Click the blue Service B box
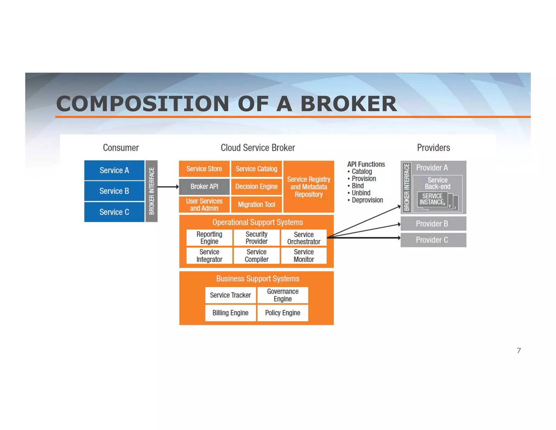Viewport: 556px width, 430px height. (114, 191)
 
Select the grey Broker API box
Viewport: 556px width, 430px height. (204, 186)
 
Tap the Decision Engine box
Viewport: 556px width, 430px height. (256, 186)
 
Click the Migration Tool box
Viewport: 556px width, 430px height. (256, 204)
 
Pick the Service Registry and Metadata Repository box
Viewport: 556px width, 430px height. (309, 187)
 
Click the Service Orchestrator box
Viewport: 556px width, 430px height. (304, 238)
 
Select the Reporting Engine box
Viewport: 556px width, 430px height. (209, 238)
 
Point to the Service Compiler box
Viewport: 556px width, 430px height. (256, 255)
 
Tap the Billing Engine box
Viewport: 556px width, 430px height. (230, 313)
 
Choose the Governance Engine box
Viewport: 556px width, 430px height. (283, 295)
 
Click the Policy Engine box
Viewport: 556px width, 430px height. (283, 313)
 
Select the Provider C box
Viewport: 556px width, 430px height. (433, 240)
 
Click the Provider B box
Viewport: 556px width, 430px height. (433, 224)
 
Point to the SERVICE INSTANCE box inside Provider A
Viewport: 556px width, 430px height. (432, 200)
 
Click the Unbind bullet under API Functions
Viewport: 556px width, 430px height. (361, 193)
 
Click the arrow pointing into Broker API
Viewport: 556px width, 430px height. (168, 187)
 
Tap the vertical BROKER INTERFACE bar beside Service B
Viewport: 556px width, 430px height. (151, 191)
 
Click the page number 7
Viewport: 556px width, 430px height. (519, 351)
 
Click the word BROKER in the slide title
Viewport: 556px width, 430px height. (349, 104)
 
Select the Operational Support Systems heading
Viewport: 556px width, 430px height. (257, 222)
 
